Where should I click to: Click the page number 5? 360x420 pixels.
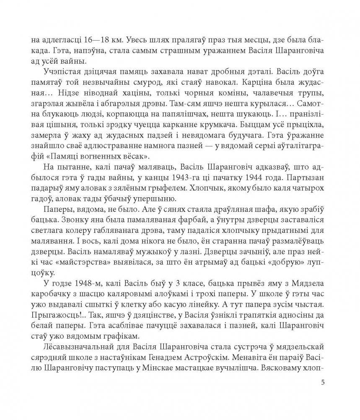pos(321,382)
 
